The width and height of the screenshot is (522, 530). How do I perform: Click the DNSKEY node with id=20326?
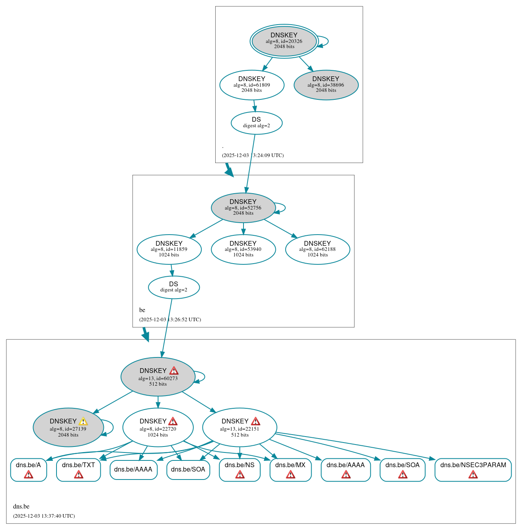click(284, 41)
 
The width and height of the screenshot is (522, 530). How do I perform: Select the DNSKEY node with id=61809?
click(252, 85)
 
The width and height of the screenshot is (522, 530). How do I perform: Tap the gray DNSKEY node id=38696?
click(326, 85)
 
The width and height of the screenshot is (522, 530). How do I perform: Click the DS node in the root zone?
click(257, 123)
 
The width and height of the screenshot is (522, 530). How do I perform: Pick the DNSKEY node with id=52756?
click(243, 208)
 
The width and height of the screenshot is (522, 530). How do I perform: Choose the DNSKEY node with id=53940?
click(243, 249)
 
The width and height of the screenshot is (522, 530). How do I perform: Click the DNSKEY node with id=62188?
click(317, 249)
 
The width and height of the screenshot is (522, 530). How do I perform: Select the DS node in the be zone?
click(174, 287)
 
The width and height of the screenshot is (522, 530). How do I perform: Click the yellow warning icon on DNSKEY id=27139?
click(83, 421)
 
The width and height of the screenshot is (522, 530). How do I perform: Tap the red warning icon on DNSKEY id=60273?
click(174, 371)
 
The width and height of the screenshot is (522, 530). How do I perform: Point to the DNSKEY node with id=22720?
click(158, 427)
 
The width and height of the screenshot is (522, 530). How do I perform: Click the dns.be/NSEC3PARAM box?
click(473, 470)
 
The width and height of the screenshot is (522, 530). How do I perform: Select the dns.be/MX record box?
click(290, 470)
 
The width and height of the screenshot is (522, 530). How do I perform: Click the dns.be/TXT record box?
click(78, 470)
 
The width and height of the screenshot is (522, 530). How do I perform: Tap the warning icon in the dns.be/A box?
click(29, 474)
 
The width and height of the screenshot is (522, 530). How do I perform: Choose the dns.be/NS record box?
click(240, 470)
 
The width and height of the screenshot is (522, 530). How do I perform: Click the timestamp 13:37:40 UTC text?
click(44, 516)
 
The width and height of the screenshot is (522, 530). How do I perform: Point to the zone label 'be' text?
click(142, 310)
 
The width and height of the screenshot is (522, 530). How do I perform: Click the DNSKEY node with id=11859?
click(169, 249)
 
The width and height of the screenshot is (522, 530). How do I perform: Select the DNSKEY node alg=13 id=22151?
click(240, 427)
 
